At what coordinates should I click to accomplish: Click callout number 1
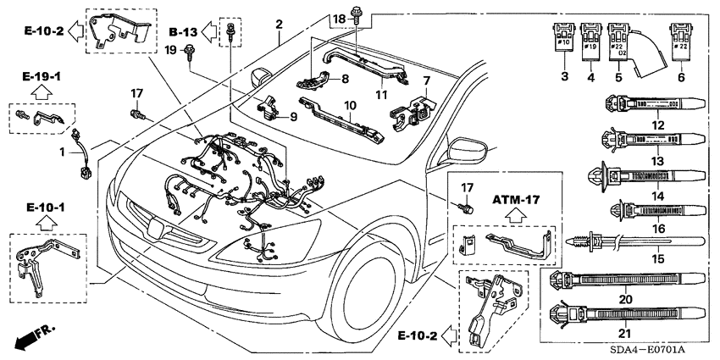60,151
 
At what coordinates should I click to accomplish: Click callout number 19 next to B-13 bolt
169,52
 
